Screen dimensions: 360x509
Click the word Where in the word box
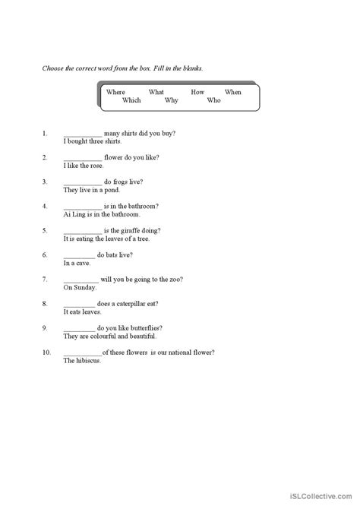coord(115,92)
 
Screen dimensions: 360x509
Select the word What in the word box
coord(156,92)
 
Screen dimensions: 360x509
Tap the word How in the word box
coord(197,92)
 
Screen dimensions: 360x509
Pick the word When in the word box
coord(232,92)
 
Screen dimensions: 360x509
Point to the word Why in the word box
coord(172,100)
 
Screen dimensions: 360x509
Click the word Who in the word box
coord(213,100)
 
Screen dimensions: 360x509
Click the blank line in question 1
coord(82,134)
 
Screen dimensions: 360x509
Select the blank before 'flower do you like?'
coord(82,159)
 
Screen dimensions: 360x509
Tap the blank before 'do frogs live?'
coord(82,183)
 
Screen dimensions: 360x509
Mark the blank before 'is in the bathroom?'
coord(82,207)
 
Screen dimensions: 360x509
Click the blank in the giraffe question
coord(82,232)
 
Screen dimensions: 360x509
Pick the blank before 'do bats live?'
coord(79,256)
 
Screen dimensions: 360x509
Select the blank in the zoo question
coord(82,280)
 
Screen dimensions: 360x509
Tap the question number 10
coord(46,353)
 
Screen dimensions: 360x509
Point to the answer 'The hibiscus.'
coord(82,361)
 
